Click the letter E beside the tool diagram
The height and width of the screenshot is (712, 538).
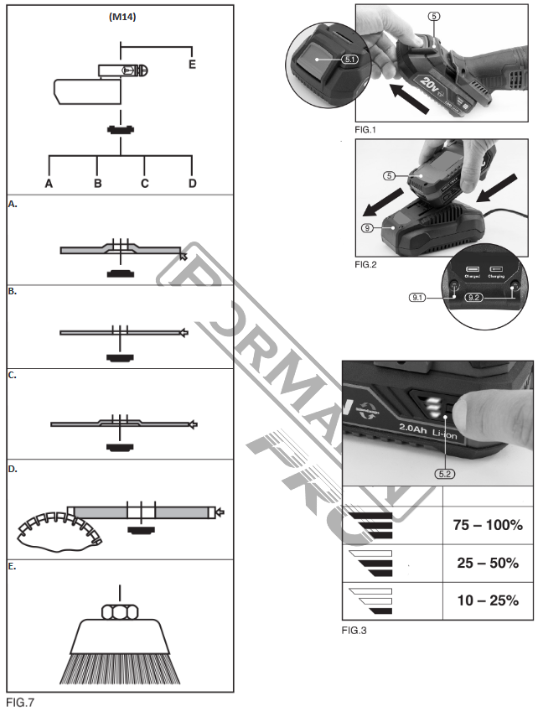tap(192, 64)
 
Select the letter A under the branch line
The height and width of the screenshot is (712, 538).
tap(49, 183)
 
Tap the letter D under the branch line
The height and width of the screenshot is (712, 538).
tap(193, 183)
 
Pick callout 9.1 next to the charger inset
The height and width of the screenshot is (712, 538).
tap(419, 298)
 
